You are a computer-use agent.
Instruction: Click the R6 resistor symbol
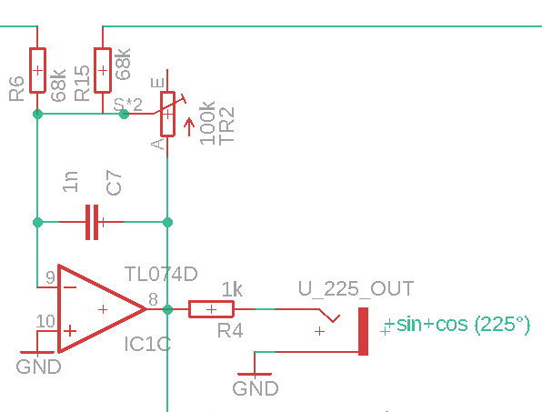coord(37,71)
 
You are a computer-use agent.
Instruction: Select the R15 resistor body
coord(103,71)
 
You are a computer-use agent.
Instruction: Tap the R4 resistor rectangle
coord(211,309)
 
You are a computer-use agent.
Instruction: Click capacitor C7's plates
coord(92,222)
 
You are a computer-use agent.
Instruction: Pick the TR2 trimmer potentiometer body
coord(167,114)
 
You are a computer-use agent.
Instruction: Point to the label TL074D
coord(161,274)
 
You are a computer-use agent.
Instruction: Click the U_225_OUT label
coord(356,288)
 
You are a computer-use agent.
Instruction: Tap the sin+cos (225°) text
coord(463,325)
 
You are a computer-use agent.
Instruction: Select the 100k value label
coord(207,123)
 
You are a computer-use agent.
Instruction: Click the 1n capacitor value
coord(70,182)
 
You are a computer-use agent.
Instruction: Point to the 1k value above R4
coord(232,289)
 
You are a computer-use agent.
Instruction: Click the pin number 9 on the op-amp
coord(50,277)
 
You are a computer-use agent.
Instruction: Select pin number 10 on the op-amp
coord(45,321)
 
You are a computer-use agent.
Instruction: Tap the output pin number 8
coord(153,299)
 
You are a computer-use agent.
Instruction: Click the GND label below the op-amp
coord(39,367)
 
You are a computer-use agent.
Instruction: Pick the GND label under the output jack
coord(256,388)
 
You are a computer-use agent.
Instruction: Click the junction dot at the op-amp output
coord(167,309)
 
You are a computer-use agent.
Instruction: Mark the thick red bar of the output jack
coord(363,331)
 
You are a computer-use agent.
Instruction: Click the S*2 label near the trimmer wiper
coord(128,104)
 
